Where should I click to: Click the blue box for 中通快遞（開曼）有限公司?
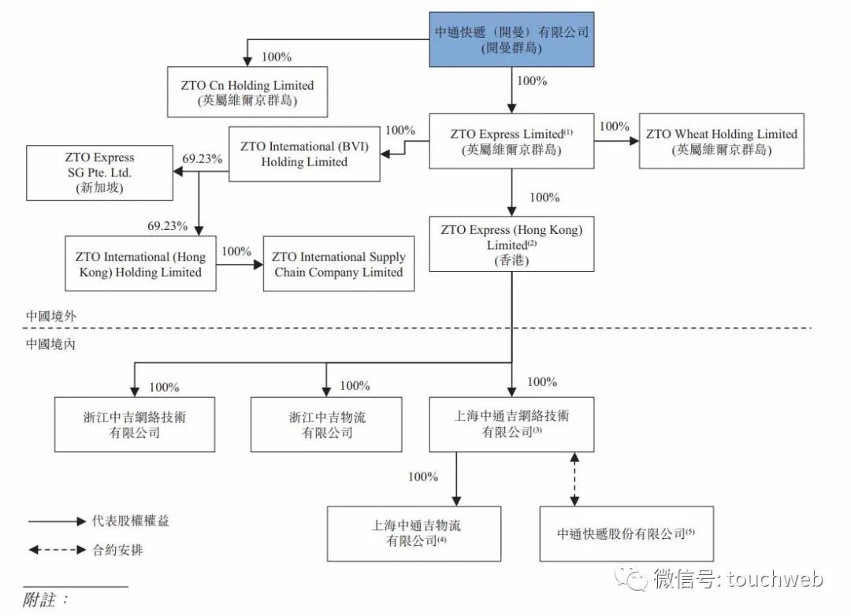coord(511,39)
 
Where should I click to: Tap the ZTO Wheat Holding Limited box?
coord(721,142)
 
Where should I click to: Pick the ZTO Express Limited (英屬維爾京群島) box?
coord(511,142)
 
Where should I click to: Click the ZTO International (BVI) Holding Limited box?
coord(304,154)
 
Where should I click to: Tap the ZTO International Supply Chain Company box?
coord(338,265)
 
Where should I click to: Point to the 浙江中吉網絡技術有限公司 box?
coord(134,425)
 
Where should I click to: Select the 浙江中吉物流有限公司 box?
coord(327,425)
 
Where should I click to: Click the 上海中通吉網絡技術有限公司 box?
coord(511,425)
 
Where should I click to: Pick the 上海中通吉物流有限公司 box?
coord(414,533)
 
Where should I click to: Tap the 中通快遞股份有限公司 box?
coord(626,533)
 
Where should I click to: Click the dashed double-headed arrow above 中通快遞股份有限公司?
coord(574,479)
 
